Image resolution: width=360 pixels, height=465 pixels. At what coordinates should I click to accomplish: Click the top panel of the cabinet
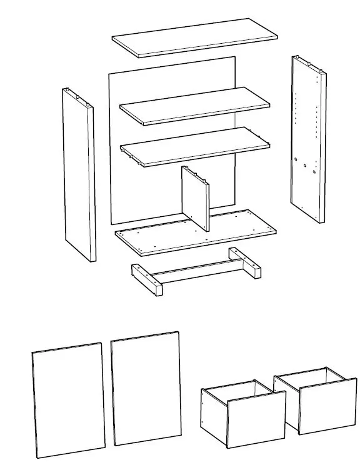194,37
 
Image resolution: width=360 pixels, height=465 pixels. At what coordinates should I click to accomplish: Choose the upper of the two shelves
194,105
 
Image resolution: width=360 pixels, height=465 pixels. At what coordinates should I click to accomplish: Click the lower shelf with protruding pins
194,146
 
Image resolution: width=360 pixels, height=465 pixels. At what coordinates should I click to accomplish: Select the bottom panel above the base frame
195,232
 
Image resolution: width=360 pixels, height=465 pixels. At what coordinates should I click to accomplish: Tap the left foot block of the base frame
147,280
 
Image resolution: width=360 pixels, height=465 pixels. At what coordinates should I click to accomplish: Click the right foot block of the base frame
245,262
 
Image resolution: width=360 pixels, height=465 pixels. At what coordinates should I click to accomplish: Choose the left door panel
68,400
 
